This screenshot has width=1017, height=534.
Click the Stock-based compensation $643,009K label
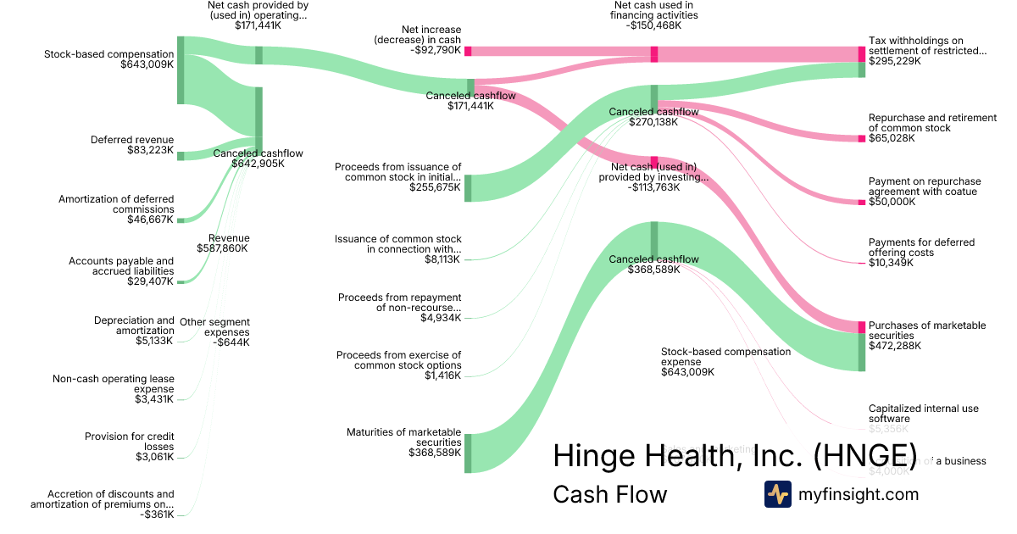point(108,58)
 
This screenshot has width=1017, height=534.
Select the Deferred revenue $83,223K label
point(132,145)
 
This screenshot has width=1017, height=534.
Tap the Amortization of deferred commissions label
point(116,209)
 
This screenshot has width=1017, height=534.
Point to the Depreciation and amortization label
point(134,330)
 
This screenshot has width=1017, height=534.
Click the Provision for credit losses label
point(129,446)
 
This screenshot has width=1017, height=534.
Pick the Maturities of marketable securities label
point(403,442)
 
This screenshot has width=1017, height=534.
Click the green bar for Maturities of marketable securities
point(468,453)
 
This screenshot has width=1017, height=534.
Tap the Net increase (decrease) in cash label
point(418,39)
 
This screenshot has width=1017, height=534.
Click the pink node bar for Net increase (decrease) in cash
point(468,51)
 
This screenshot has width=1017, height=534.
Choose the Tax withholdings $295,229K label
point(927,50)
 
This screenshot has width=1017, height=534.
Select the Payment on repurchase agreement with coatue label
point(924,192)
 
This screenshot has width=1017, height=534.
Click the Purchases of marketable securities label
point(927,335)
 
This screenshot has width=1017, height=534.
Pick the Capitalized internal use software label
point(923,414)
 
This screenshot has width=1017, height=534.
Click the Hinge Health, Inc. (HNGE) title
point(735,455)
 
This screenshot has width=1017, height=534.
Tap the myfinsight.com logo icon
point(777,494)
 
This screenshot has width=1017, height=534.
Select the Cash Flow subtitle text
point(609,494)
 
